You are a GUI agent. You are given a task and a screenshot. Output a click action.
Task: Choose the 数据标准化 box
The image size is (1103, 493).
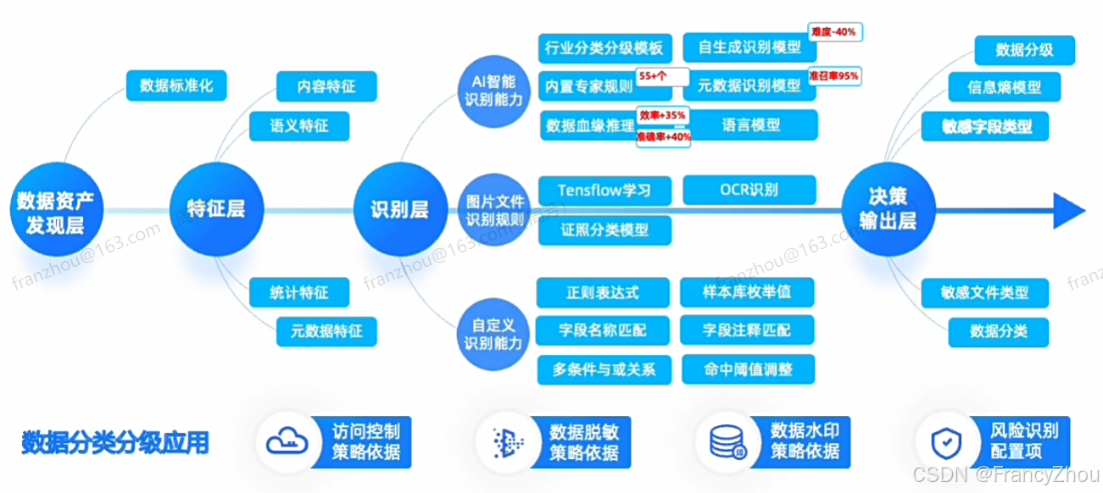coord(176,86)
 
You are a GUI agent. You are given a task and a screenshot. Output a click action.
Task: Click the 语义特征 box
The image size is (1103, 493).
coord(299,126)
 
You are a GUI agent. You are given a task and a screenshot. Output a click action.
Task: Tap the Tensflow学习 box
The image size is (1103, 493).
coord(604,189)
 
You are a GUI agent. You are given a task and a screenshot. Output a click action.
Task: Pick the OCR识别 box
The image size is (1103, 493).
coord(749,189)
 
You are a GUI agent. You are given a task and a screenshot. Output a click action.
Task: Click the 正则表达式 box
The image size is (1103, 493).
coord(603,293)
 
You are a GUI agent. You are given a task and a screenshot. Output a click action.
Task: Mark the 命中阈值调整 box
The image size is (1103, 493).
coord(747,369)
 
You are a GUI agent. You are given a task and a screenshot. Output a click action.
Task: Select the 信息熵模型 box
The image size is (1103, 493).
coord(1005,86)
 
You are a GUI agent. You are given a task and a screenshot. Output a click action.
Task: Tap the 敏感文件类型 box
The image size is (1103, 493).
coord(984,293)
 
